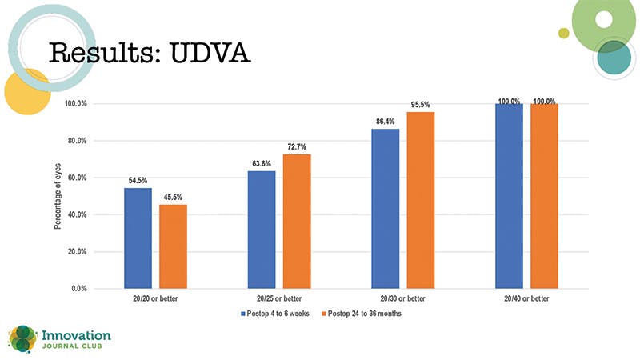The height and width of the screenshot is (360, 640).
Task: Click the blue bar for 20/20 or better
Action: coord(138,238)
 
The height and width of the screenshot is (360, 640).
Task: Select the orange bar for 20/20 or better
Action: coord(174,246)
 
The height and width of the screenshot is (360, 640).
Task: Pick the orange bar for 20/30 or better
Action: coord(421,200)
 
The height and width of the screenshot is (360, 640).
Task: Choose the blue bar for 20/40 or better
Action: coord(509,195)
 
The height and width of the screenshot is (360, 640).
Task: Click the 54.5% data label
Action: coord(138,180)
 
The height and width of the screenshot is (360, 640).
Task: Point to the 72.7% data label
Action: coord(297,146)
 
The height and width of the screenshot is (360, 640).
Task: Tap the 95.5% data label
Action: coord(421,104)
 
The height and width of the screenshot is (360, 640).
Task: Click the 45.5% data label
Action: coord(174,197)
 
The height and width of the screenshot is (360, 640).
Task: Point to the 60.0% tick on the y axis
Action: coord(76,178)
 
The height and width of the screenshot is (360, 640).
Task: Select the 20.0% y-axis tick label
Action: coord(76,251)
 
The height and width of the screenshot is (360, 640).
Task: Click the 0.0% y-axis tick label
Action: coord(78,288)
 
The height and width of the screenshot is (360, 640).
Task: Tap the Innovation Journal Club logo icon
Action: coord(22,338)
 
